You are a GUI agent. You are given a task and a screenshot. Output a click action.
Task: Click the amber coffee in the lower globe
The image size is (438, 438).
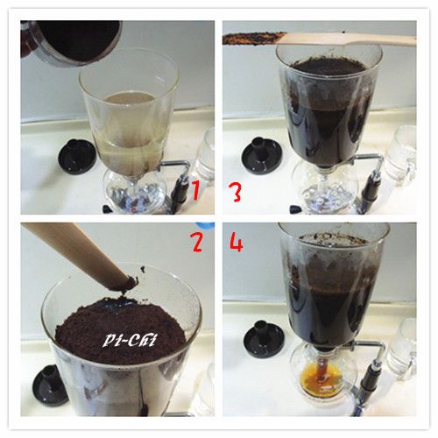pyautogui.click(x=322, y=379)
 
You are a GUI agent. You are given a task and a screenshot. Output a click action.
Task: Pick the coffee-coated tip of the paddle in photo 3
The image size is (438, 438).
pyautogui.click(x=253, y=39)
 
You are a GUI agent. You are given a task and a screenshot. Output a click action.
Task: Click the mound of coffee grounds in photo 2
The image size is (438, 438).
pyautogui.click(x=120, y=330)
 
